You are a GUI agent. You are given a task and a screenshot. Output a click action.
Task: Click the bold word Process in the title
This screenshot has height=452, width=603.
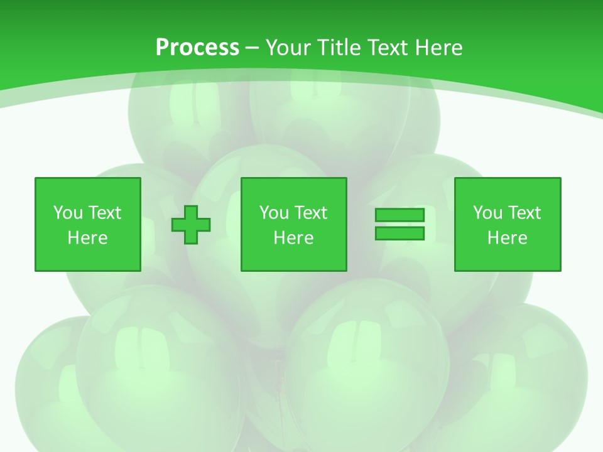pos(197,48)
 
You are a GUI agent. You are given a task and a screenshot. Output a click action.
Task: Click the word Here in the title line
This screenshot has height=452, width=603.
pos(439,48)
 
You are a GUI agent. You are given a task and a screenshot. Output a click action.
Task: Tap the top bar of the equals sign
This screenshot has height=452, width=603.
pos(399,215)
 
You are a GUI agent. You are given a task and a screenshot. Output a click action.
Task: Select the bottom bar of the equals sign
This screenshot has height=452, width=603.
pos(399,234)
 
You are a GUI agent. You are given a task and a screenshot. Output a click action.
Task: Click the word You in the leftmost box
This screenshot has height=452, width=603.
pos(68,213)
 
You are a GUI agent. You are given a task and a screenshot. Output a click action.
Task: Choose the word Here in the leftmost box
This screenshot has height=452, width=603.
pos(87,238)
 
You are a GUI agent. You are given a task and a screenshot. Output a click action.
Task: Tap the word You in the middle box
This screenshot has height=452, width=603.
pos(274,213)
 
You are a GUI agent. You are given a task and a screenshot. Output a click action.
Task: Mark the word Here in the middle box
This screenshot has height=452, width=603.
pos(293,238)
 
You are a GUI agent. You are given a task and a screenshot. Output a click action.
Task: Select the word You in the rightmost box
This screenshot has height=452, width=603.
pos(487,213)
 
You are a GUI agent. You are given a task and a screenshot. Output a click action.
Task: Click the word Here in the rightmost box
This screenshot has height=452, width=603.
pos(507,238)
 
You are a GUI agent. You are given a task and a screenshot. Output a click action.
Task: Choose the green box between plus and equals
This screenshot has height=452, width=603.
pos(293,257)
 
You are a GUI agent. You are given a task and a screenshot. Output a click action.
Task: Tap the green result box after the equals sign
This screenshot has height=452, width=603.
pos(507,257)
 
